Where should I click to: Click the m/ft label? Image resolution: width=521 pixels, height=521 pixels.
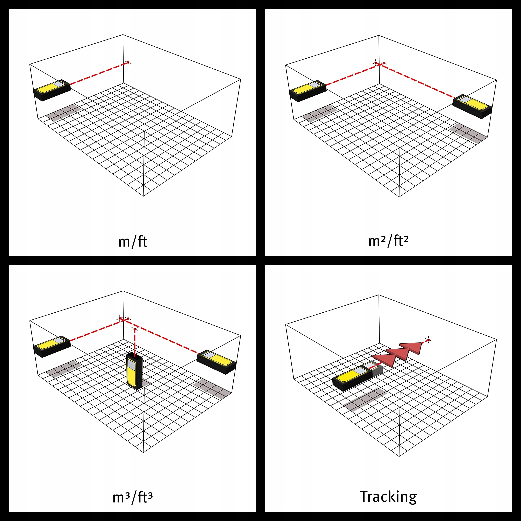pyautogui.click(x=133, y=242)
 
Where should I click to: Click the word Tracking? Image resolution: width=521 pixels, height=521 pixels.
pyautogui.click(x=388, y=497)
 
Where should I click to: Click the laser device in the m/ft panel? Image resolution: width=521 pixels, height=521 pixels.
pyautogui.click(x=52, y=90)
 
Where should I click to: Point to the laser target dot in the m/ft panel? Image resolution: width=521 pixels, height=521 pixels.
pyautogui.click(x=128, y=62)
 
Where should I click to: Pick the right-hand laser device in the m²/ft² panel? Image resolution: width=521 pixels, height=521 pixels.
pyautogui.click(x=472, y=106)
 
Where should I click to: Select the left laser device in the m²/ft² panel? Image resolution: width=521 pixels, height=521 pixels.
pyautogui.click(x=308, y=91)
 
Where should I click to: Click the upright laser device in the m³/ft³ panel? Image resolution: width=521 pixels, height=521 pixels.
pyautogui.click(x=134, y=371)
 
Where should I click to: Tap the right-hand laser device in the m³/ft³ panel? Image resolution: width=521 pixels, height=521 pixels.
pyautogui.click(x=217, y=362)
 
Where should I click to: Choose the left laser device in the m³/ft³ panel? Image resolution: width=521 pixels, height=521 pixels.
pyautogui.click(x=52, y=347)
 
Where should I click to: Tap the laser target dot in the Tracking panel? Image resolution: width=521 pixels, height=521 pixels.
pyautogui.click(x=429, y=340)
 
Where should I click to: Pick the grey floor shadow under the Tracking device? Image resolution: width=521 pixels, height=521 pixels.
pyautogui.click(x=365, y=400)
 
